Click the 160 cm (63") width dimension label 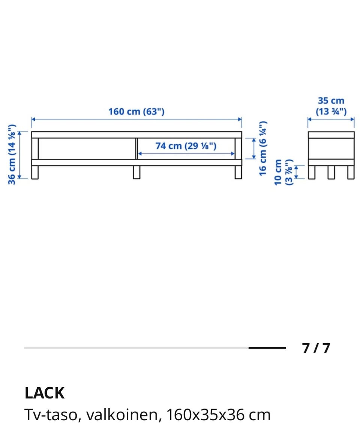(136, 111)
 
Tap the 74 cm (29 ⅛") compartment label (186, 146)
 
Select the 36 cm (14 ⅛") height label (12, 155)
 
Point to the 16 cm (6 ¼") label (262, 148)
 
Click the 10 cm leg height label (278, 173)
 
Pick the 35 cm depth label (331, 101)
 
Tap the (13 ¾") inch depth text (331, 111)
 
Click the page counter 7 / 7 (316, 348)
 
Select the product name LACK (45, 393)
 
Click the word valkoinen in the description (122, 415)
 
